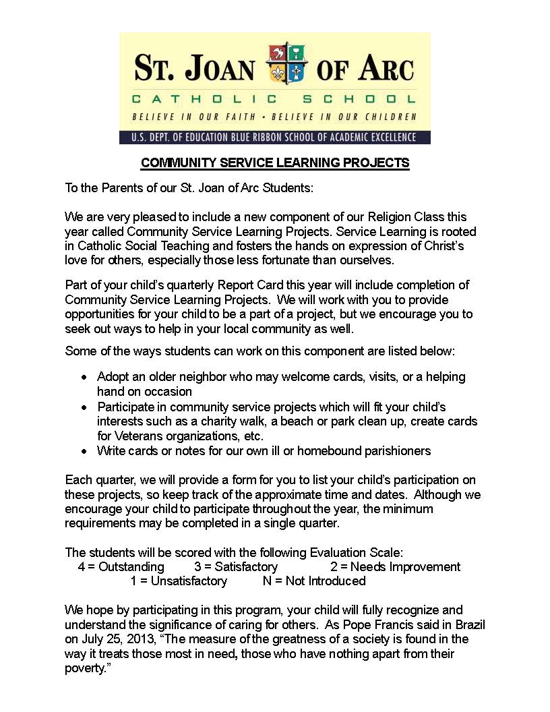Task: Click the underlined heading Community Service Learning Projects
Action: point(275,163)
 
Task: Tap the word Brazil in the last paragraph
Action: point(467,624)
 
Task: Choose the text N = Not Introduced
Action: point(314,581)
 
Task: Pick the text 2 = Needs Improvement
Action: point(395,567)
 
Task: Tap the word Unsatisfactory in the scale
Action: point(189,581)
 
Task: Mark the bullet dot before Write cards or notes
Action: point(84,450)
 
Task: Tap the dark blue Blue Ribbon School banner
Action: point(275,138)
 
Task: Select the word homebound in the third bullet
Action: point(328,450)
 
